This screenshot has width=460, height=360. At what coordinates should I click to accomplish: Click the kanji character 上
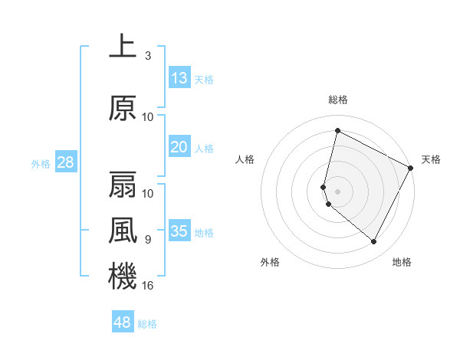pos(123,46)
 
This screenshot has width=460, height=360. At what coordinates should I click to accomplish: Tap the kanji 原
pos(123,109)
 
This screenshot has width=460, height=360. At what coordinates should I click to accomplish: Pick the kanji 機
pos(123,276)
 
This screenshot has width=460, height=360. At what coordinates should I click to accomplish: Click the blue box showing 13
pos(179,78)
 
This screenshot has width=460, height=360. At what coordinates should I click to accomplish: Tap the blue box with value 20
pos(179,147)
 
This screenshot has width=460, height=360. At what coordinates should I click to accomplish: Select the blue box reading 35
pos(179,231)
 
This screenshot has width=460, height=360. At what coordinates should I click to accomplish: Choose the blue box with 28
pos(65,162)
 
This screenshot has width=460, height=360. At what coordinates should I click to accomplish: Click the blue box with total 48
pos(123,322)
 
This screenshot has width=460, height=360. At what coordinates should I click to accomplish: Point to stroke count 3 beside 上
pos(147,56)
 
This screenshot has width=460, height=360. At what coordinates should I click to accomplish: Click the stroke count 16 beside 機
pos(148,286)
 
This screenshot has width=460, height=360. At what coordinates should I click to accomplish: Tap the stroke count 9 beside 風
pos(147,240)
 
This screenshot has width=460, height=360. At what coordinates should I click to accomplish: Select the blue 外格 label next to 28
pos(41,163)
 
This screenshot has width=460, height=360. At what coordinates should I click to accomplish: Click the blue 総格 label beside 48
pos(147,324)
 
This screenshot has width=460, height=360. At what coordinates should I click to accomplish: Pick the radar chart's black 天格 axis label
pos(431,159)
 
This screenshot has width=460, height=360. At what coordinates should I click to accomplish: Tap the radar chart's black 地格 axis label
pos(402,262)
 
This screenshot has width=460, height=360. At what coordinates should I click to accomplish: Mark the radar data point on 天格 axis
pos(411,168)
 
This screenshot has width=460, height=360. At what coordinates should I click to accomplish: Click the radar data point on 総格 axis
pos(337,130)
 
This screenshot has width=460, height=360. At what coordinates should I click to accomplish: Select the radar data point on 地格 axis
pos(373,242)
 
